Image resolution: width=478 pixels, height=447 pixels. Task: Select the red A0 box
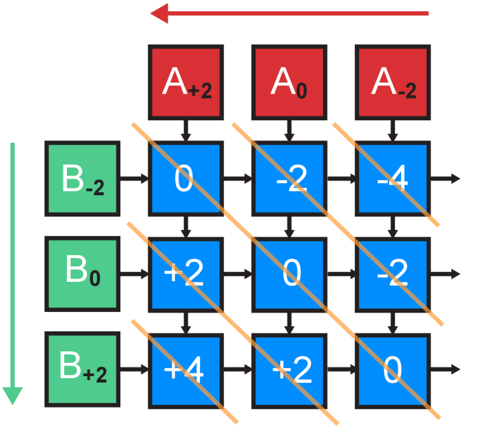[x=289, y=82]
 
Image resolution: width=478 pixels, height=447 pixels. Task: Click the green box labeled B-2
[x=82, y=178]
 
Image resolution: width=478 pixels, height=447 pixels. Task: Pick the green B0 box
[x=82, y=273]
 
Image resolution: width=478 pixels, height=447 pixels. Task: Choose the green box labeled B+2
[x=82, y=369]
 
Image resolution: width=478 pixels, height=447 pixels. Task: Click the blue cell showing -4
[x=392, y=178]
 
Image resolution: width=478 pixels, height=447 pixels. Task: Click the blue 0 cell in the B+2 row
[x=392, y=369]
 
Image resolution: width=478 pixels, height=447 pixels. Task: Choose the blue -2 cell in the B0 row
[x=392, y=273]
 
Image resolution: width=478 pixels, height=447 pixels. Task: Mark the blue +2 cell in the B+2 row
[x=289, y=369]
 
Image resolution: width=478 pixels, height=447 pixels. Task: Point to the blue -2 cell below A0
[x=289, y=178]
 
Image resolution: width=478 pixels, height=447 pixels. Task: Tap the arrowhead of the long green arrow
[x=13, y=396]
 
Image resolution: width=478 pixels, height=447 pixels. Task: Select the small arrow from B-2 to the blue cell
[x=136, y=178]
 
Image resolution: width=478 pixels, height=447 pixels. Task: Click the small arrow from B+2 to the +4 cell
[x=136, y=369]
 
